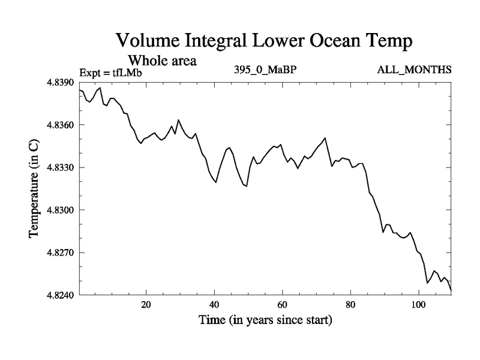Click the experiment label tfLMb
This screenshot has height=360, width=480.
click(126, 73)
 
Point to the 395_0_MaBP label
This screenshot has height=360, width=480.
click(265, 70)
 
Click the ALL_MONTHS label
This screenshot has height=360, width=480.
click(414, 70)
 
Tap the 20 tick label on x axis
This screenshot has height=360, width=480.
click(146, 305)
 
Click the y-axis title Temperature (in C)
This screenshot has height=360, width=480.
click(34, 188)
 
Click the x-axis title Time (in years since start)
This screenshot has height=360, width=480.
click(265, 320)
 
